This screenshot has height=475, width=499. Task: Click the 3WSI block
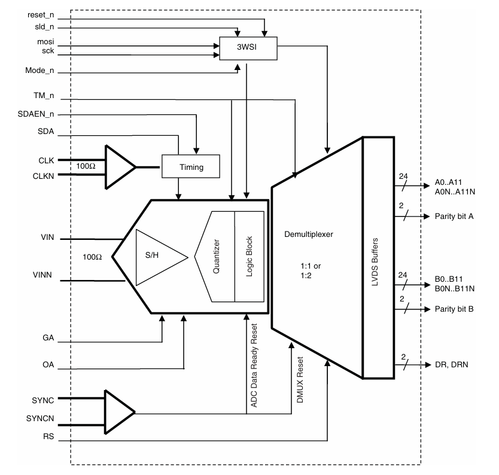tap(248, 48)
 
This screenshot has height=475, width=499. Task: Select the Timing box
tap(191, 167)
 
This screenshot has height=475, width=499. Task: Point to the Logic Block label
tap(250, 257)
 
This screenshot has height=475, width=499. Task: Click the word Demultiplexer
tap(309, 235)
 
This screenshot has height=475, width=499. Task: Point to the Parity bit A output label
tap(454, 216)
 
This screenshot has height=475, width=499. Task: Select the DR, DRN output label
tap(452, 364)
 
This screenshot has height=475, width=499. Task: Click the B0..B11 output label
tap(452, 279)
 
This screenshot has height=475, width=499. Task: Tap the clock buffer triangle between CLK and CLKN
tap(119, 167)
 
